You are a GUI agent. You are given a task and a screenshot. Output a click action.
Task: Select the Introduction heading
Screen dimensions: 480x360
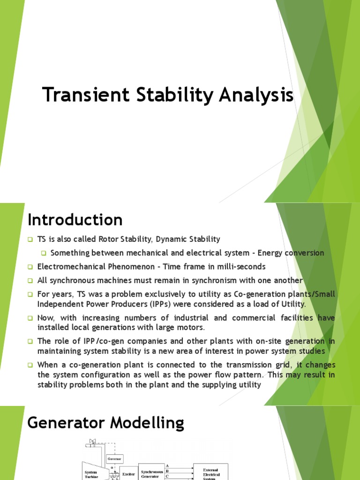[x=75, y=219]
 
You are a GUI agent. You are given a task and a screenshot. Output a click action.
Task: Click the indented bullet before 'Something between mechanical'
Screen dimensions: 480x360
[x=44, y=253]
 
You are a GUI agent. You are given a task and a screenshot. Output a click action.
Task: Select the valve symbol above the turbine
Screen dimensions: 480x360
[x=92, y=442]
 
